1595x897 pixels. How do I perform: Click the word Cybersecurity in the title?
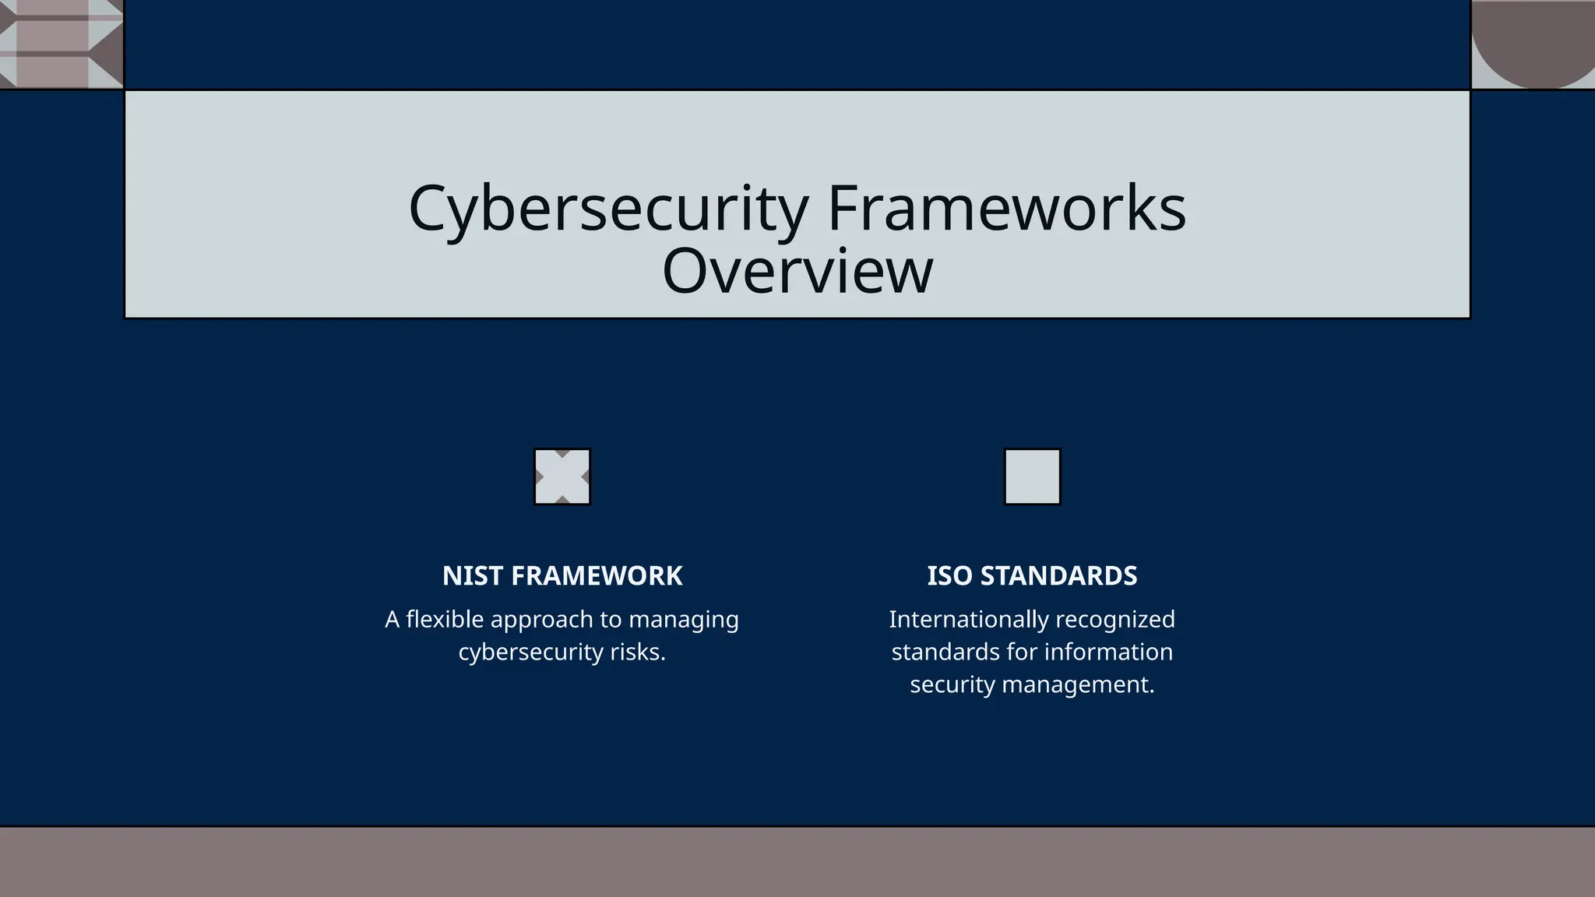[608, 209]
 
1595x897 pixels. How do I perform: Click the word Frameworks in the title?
[1006, 209]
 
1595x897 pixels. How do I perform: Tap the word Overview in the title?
[797, 270]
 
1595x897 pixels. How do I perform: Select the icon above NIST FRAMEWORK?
[562, 477]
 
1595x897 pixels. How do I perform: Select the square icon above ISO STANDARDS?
[1032, 477]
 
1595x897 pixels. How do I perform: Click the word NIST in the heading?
[472, 576]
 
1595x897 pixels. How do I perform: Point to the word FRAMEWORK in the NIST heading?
[597, 576]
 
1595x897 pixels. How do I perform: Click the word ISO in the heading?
[949, 576]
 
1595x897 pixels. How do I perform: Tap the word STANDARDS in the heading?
[1058, 576]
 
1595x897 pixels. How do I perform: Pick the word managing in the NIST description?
[683, 620]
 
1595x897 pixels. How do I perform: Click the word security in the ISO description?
[952, 685]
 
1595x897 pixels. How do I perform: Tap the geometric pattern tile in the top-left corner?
[61, 43]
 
